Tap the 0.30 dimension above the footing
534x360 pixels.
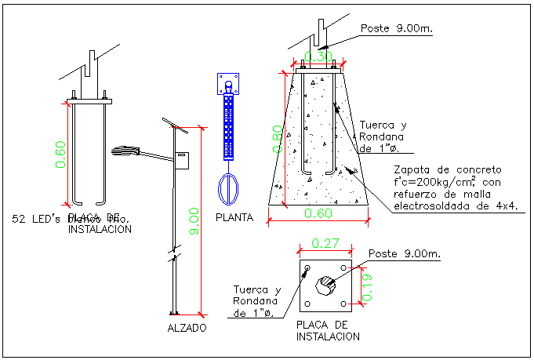[x=318, y=56]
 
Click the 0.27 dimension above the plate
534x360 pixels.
[x=325, y=245]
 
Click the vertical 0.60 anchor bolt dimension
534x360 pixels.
[x=60, y=155]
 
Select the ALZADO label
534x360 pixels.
[x=187, y=327]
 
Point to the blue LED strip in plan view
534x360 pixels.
[x=228, y=125]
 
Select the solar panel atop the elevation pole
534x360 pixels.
[x=172, y=125]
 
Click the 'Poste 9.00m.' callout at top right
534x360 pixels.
[x=397, y=29]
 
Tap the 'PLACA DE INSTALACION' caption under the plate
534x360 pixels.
[x=328, y=330]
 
